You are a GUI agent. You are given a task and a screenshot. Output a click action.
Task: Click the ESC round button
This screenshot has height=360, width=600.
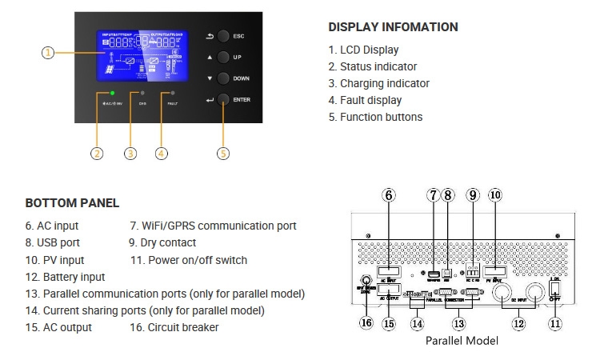(223, 37)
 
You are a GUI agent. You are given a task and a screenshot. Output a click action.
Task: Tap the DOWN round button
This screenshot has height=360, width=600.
(223, 79)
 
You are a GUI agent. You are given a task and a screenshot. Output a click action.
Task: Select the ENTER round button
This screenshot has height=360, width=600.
(223, 100)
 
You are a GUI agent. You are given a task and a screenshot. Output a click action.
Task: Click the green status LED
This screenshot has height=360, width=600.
(113, 94)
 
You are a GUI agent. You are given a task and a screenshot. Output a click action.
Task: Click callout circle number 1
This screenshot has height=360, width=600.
(48, 53)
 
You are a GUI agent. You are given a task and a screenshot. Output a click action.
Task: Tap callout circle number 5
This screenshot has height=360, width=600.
(223, 153)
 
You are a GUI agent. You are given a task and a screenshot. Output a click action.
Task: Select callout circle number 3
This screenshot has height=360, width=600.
(130, 153)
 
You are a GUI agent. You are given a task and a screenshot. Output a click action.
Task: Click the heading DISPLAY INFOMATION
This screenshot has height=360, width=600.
(393, 27)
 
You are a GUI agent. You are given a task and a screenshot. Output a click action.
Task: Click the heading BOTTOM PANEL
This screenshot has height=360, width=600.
(72, 203)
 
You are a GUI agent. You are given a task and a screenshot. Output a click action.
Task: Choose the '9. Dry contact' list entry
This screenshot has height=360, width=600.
(162, 243)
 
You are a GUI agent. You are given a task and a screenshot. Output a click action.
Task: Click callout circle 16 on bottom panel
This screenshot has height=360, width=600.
(367, 324)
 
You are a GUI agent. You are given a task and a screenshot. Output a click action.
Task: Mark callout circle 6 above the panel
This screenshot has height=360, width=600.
(388, 194)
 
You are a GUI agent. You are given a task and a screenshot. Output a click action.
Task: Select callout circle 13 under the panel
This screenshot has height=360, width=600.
(458, 324)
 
